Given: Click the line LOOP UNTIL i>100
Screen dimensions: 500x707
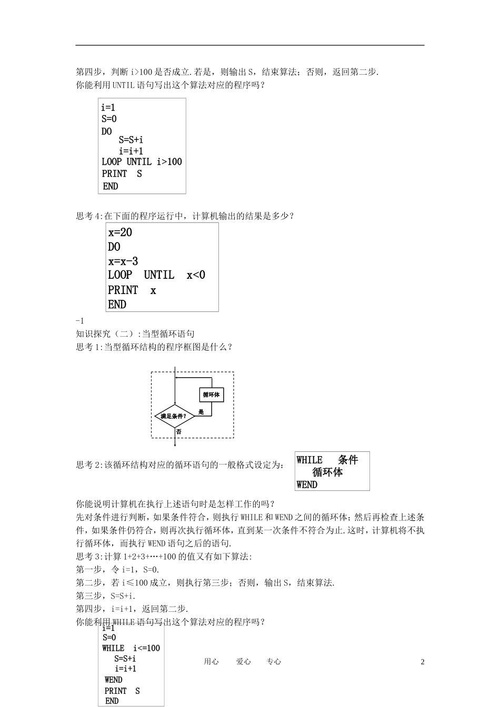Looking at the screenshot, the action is pyautogui.click(x=142, y=162).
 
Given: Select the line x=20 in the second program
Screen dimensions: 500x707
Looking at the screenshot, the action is pyautogui.click(x=120, y=233).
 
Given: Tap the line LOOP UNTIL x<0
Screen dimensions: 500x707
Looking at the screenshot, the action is pyautogui.click(x=156, y=275).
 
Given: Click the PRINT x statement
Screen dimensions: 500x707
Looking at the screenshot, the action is pyautogui.click(x=132, y=290).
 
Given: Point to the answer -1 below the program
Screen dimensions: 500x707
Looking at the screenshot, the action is pyautogui.click(x=80, y=321).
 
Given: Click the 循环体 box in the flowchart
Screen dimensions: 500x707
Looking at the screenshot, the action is pyautogui.click(x=211, y=395).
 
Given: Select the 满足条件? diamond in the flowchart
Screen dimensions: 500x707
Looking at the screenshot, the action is pyautogui.click(x=174, y=416).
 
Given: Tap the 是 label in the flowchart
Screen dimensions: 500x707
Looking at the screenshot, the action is pyautogui.click(x=201, y=412).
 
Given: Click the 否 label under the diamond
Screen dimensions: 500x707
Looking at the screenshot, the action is pyautogui.click(x=179, y=431).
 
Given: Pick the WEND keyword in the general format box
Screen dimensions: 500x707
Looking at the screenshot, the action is pyautogui.click(x=307, y=484).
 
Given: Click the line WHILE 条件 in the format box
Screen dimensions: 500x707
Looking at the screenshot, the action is pyautogui.click(x=327, y=460).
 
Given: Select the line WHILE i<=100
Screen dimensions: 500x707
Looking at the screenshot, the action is pyautogui.click(x=131, y=648).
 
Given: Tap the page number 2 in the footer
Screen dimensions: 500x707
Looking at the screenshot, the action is pyautogui.click(x=422, y=662).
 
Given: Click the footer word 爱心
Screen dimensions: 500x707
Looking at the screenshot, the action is pyautogui.click(x=243, y=662).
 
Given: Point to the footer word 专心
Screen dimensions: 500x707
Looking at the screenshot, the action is pyautogui.click(x=274, y=662).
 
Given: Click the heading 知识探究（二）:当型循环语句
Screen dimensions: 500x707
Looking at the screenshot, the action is pyautogui.click(x=135, y=334).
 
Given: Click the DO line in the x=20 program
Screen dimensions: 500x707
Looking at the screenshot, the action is pyautogui.click(x=114, y=247).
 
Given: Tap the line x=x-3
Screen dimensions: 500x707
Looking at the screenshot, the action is pyautogui.click(x=123, y=261).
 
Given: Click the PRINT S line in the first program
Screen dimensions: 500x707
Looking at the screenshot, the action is pyautogui.click(x=122, y=174).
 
